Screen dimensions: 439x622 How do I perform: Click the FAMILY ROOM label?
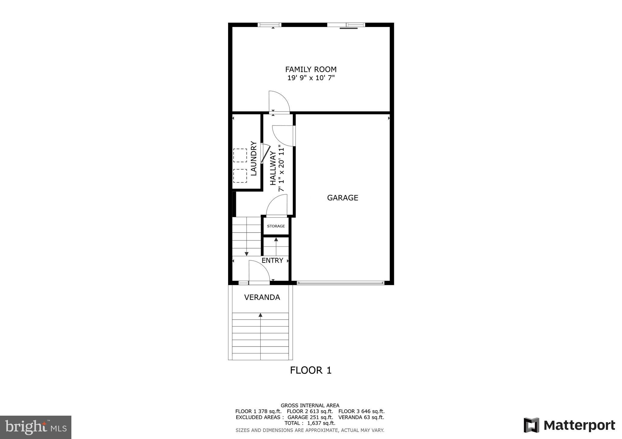click(x=311, y=69)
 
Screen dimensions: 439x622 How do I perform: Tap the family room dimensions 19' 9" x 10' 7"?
click(x=311, y=78)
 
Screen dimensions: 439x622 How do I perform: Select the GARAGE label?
click(x=342, y=198)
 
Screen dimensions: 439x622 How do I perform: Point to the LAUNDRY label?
click(x=254, y=159)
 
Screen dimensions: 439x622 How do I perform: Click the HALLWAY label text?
click(x=273, y=168)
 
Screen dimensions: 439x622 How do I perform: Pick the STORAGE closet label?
click(x=276, y=226)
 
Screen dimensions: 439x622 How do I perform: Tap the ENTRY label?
click(x=272, y=260)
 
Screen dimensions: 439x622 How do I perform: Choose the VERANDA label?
click(x=262, y=297)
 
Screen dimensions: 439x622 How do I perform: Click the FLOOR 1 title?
click(x=311, y=370)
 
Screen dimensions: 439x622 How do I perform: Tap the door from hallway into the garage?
click(x=283, y=136)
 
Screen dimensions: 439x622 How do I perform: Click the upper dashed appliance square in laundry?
click(x=240, y=155)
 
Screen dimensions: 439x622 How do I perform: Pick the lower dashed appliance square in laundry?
click(x=240, y=176)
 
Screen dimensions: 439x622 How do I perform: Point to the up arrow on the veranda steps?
click(x=260, y=315)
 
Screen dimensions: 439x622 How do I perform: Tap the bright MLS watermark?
click(x=36, y=427)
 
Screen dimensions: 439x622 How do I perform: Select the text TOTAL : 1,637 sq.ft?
click(x=310, y=423)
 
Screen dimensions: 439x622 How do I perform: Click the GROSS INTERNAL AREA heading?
click(x=310, y=405)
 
